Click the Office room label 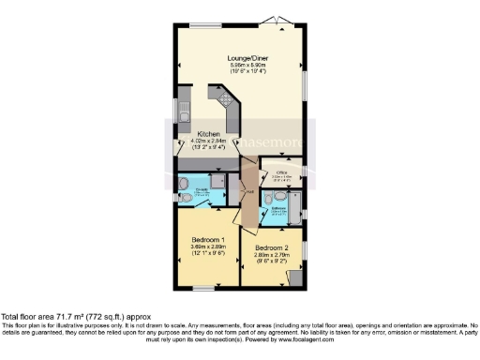(x=279, y=170)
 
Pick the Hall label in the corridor (x=248, y=193)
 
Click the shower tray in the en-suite (x=217, y=183)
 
